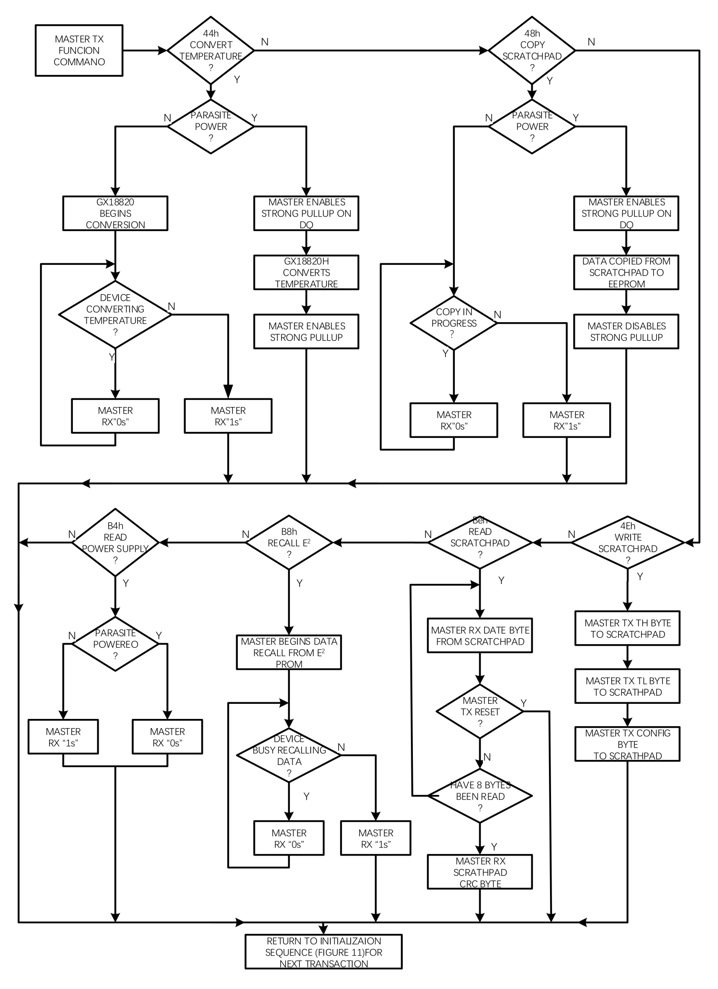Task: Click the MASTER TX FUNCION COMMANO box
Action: (79, 51)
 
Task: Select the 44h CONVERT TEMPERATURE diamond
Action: (210, 51)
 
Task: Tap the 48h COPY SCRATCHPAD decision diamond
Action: (532, 51)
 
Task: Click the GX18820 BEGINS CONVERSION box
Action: (115, 213)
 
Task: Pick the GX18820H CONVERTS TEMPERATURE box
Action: (306, 273)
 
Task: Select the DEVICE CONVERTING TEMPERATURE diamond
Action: (115, 314)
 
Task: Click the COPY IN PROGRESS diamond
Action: (454, 323)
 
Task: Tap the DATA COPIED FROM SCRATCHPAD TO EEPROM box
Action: (626, 273)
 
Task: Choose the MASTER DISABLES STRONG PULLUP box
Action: (626, 332)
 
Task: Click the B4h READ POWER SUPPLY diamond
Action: (115, 543)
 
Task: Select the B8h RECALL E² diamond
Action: (289, 543)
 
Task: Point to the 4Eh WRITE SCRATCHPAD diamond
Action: (627, 543)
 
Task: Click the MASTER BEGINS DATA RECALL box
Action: (289, 653)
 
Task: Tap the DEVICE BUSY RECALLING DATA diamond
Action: (289, 756)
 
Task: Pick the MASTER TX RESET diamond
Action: (480, 712)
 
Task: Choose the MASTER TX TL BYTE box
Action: (627, 687)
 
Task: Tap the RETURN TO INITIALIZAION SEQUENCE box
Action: (323, 952)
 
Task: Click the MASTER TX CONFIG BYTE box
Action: (627, 744)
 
